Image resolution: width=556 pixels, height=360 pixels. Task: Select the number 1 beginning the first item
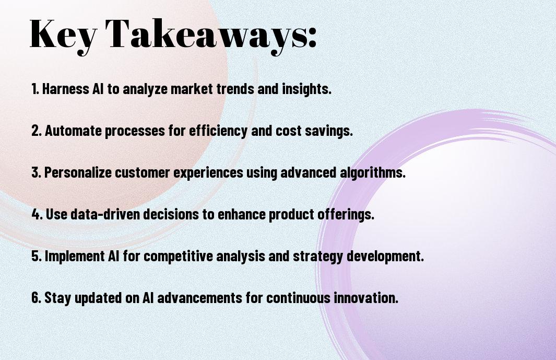(x=34, y=89)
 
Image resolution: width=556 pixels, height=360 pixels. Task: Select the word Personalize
(x=78, y=172)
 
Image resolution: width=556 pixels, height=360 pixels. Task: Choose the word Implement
(x=75, y=256)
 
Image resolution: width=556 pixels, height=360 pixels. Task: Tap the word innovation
(x=366, y=297)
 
